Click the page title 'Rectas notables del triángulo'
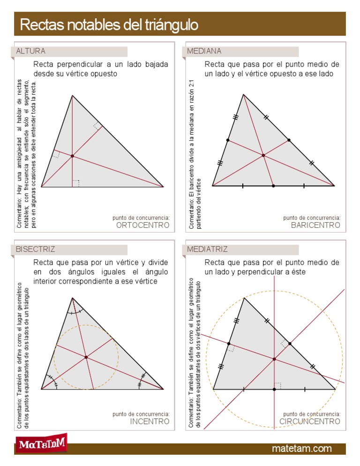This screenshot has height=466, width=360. (x=109, y=24)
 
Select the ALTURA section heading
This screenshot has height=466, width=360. (x=31, y=51)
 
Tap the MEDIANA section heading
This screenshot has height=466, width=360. (x=204, y=51)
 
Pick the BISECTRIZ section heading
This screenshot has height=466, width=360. (x=35, y=249)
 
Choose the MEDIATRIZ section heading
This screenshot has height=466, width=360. (x=207, y=249)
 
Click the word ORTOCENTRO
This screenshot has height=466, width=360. (x=142, y=225)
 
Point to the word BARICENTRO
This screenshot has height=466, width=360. (x=315, y=225)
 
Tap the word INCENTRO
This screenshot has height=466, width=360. (x=150, y=422)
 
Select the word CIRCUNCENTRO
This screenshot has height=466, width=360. (x=310, y=422)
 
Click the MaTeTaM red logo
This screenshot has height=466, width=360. (x=41, y=443)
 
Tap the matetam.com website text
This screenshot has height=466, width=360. (x=302, y=449)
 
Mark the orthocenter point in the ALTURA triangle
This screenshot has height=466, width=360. (x=72, y=156)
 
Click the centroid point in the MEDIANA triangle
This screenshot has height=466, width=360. (x=263, y=155)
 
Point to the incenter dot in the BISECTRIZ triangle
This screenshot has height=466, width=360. (x=86, y=357)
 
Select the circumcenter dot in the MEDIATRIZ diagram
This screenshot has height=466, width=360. (x=274, y=359)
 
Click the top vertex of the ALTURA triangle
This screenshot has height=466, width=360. (x=72, y=95)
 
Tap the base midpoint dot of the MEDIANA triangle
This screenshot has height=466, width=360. (x=273, y=186)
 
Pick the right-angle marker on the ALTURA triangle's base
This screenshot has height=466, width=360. (x=76, y=183)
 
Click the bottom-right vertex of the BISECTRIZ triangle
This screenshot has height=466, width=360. (x=164, y=389)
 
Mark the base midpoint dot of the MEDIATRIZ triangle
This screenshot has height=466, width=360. (x=274, y=389)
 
